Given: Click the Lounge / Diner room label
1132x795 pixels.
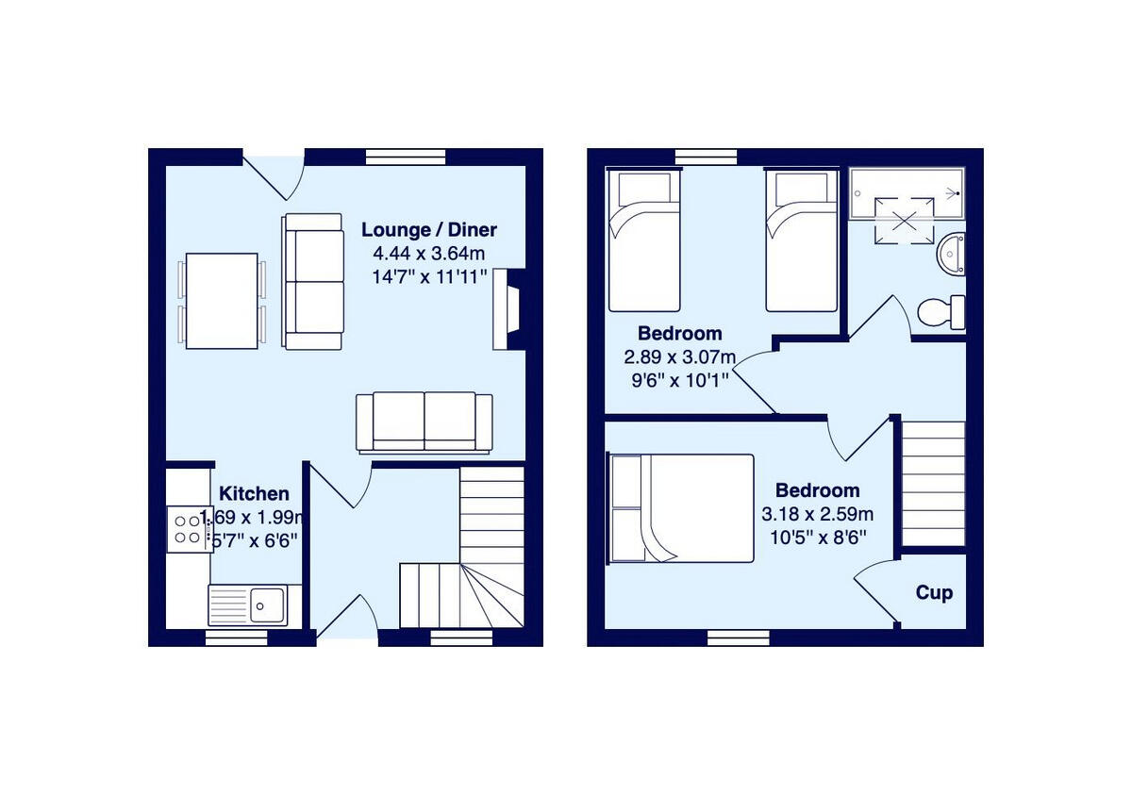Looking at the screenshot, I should click(429, 229).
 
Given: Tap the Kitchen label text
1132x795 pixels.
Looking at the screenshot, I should click(254, 493).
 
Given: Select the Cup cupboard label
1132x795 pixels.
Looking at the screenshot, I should click(933, 592).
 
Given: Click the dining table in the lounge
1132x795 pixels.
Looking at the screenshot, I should click(222, 301).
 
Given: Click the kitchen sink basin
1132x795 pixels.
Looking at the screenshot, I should click(269, 605).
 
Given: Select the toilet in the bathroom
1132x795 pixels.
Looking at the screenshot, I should click(941, 310).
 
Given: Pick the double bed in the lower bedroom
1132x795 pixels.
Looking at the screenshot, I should click(681, 508).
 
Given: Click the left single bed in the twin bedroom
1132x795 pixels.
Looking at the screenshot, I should click(644, 241).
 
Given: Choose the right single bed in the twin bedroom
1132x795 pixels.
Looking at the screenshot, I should click(801, 241).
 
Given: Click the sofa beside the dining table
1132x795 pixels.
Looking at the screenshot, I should click(312, 281).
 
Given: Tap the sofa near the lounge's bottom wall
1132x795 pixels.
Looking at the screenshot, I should click(424, 422).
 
